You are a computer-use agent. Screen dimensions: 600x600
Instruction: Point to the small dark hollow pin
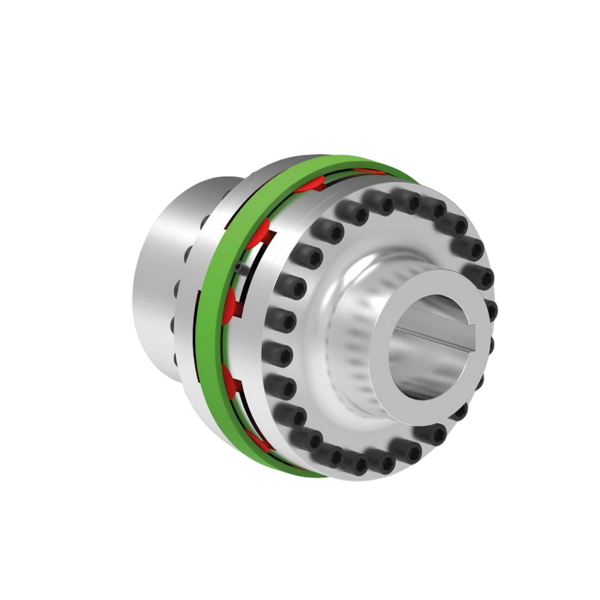pyautogui.click(x=238, y=268)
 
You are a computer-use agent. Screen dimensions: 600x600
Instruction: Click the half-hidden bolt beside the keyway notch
pyautogui.click(x=490, y=311)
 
